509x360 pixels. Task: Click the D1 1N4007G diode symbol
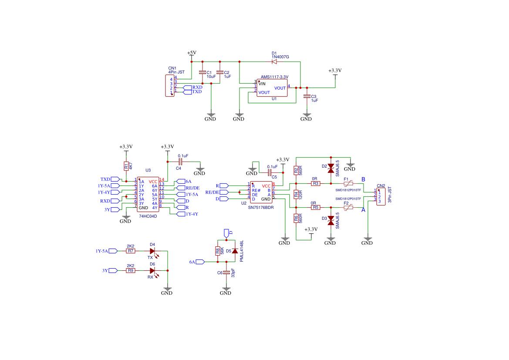pos(274,62)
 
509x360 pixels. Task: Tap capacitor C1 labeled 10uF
pos(202,72)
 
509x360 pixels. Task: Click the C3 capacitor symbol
pos(307,96)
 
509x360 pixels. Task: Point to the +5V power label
pos(192,53)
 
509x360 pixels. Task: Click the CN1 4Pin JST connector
pos(169,85)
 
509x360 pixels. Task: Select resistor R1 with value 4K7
pos(126,166)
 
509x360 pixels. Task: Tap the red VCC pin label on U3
pos(153,182)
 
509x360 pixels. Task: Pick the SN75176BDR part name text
pos(260,208)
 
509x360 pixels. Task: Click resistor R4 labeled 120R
pos(296,195)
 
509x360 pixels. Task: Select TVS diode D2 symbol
pos(330,167)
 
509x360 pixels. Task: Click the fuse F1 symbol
pos(348,184)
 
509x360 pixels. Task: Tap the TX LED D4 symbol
pos(152,251)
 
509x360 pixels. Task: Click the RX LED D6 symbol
pos(152,270)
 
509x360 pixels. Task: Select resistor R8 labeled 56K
pos(218,251)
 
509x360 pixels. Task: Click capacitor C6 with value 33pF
pos(226,273)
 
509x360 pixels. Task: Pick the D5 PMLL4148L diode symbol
pos(235,251)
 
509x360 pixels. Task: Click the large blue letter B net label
pos(363,180)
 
